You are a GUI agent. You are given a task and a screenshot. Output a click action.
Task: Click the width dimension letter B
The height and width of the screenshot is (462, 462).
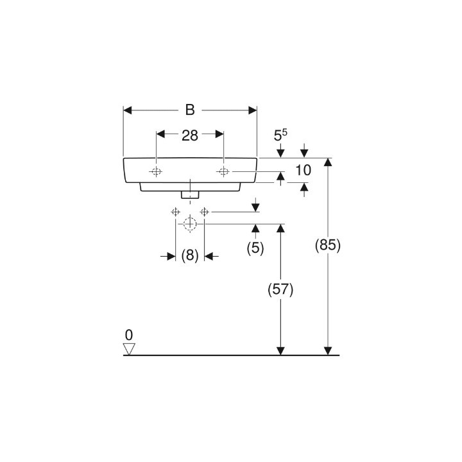190,110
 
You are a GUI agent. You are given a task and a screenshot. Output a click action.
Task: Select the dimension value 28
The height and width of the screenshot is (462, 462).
190,135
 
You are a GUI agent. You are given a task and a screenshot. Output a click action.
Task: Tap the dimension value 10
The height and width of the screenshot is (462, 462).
303,170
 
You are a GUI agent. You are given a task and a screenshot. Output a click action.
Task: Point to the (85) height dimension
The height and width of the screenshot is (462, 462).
328,245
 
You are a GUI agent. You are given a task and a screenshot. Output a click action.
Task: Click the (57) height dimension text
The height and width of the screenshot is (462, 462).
280,289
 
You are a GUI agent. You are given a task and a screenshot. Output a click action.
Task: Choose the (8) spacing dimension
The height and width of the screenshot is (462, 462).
190,255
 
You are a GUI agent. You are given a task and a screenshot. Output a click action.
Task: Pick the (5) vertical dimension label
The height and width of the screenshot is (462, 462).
255,248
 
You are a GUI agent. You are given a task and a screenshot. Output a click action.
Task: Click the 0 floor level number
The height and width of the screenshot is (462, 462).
129,335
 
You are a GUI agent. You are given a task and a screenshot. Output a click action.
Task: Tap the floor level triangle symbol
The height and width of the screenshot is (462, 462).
129,349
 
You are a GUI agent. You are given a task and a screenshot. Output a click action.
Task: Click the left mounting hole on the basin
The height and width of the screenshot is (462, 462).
156,171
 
